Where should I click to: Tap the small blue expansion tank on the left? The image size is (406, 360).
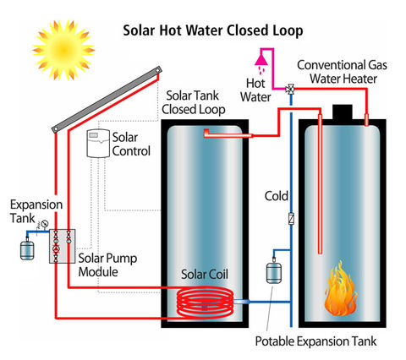[x=25, y=249]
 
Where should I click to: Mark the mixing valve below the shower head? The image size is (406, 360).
[x=290, y=89]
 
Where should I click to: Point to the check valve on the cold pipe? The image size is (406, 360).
[x=290, y=217]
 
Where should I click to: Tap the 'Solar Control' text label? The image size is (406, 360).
[x=131, y=143]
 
